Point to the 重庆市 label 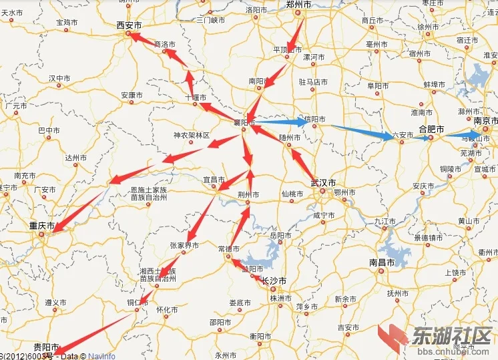(41, 226)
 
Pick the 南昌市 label (383, 262)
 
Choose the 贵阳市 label (46, 347)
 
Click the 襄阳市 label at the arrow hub (244, 123)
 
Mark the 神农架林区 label (192, 136)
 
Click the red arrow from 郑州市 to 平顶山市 (298, 33)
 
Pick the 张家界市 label (184, 245)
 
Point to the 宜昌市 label (213, 180)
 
